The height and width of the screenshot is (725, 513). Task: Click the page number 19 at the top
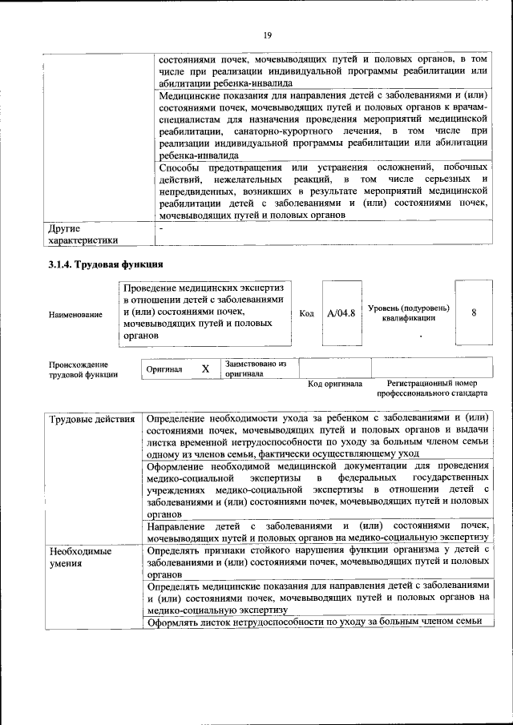[x=268, y=34]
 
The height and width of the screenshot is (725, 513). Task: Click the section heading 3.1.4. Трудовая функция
[x=106, y=264]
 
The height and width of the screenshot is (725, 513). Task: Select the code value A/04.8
[x=341, y=313]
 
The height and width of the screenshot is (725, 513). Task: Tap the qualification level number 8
[x=474, y=313]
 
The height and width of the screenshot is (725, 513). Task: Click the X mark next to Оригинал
[x=204, y=369]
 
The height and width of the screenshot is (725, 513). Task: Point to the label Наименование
[x=75, y=315]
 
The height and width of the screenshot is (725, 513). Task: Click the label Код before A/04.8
[x=306, y=313]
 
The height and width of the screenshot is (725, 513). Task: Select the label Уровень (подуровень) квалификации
[x=409, y=313]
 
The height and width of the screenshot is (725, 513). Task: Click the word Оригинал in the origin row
[x=164, y=369]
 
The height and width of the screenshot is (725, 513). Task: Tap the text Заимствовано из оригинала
[x=255, y=369]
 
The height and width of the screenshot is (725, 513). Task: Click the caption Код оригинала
[x=335, y=384]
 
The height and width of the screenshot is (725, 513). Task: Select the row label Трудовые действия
[x=91, y=419]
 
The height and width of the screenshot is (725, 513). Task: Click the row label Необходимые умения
[x=80, y=558]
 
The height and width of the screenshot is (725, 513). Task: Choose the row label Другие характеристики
[x=83, y=234]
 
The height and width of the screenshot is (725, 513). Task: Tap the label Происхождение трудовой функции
[x=83, y=369]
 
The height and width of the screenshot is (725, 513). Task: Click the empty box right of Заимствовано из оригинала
[x=334, y=368]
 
